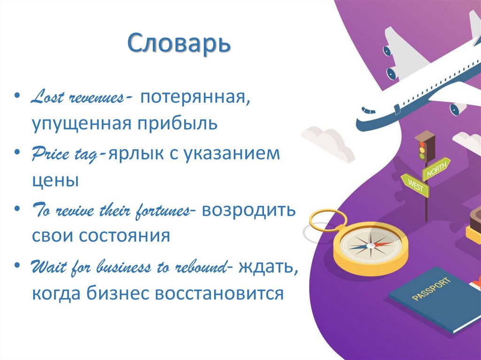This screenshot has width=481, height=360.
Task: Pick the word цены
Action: click(x=55, y=180)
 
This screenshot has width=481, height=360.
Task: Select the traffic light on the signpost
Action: click(x=424, y=147)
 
